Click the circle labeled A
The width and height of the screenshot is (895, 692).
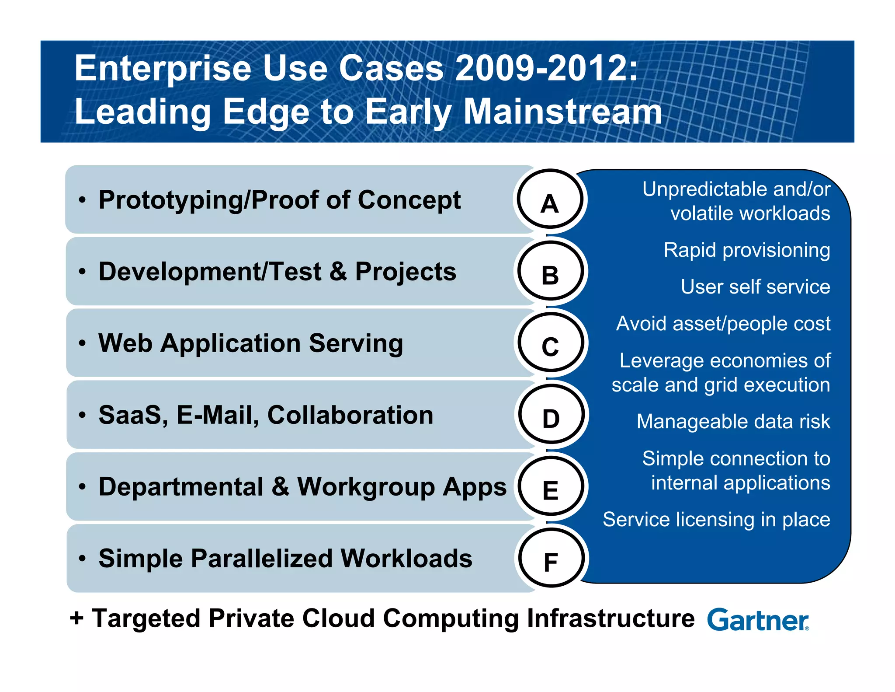(550, 199)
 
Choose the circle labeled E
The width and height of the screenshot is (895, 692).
(551, 486)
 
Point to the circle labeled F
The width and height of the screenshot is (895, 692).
(551, 558)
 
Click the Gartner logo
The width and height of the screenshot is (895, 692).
(758, 620)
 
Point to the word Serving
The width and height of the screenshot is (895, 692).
(356, 343)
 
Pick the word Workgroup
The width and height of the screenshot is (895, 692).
(365, 487)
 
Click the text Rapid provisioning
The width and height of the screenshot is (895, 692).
(746, 250)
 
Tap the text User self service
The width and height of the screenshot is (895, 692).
(755, 287)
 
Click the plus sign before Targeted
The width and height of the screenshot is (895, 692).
(76, 619)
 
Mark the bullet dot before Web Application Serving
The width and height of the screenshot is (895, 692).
(82, 343)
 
